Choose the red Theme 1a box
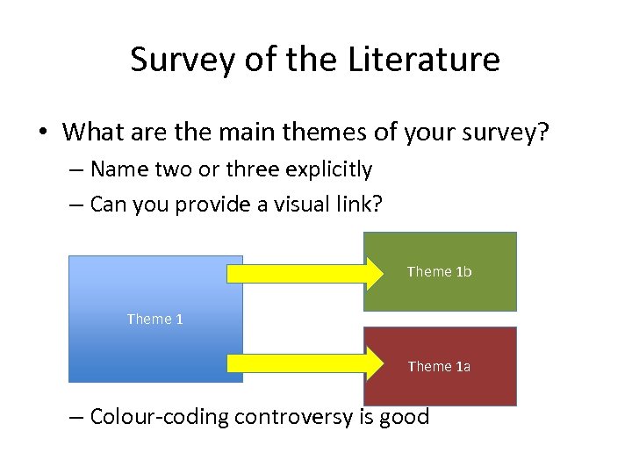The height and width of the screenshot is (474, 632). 440,386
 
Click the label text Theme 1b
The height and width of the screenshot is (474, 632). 439,272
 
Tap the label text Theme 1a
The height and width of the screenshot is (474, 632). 439,366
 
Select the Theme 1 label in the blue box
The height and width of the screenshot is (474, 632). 154,319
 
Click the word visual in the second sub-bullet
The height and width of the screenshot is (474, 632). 279,204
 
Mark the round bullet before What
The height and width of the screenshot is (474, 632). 42,133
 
